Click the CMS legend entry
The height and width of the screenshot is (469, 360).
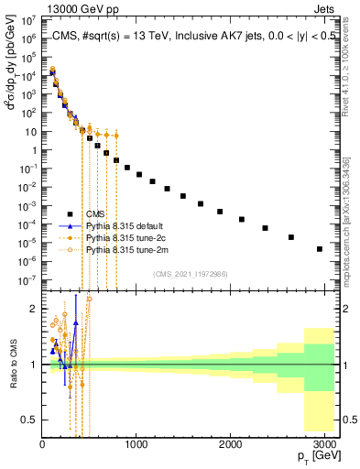(95, 215)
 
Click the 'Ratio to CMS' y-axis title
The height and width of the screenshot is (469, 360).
(11, 365)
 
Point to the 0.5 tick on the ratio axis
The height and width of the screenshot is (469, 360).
(30, 420)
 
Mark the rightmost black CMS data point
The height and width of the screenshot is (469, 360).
(319, 248)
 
